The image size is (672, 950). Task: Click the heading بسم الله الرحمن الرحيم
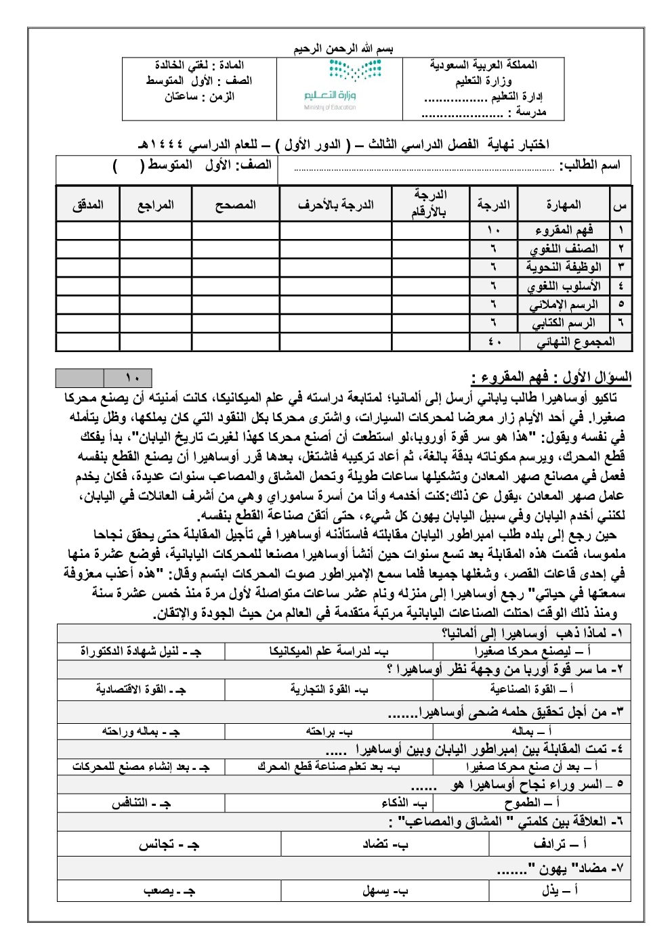coord(343,49)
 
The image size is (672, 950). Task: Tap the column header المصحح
coord(235,204)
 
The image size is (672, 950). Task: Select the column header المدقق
coord(88,204)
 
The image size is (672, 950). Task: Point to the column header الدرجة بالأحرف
coord(335,204)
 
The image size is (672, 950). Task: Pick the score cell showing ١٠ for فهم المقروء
coord(493,230)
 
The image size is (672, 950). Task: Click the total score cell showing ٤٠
coord(494,342)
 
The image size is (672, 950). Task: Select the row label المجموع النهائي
coord(576,342)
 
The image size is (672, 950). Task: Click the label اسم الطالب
coord(589,165)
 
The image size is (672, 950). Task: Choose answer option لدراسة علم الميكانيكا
coord(329,651)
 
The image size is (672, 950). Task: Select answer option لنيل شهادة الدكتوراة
coord(141,651)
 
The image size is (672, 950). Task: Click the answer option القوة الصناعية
coord(531,689)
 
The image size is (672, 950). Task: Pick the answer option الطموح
coord(532,803)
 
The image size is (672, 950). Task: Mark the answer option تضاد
coord(385,844)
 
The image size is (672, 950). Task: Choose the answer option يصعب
coord(169,890)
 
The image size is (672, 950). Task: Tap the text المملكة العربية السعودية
coord(483,65)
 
